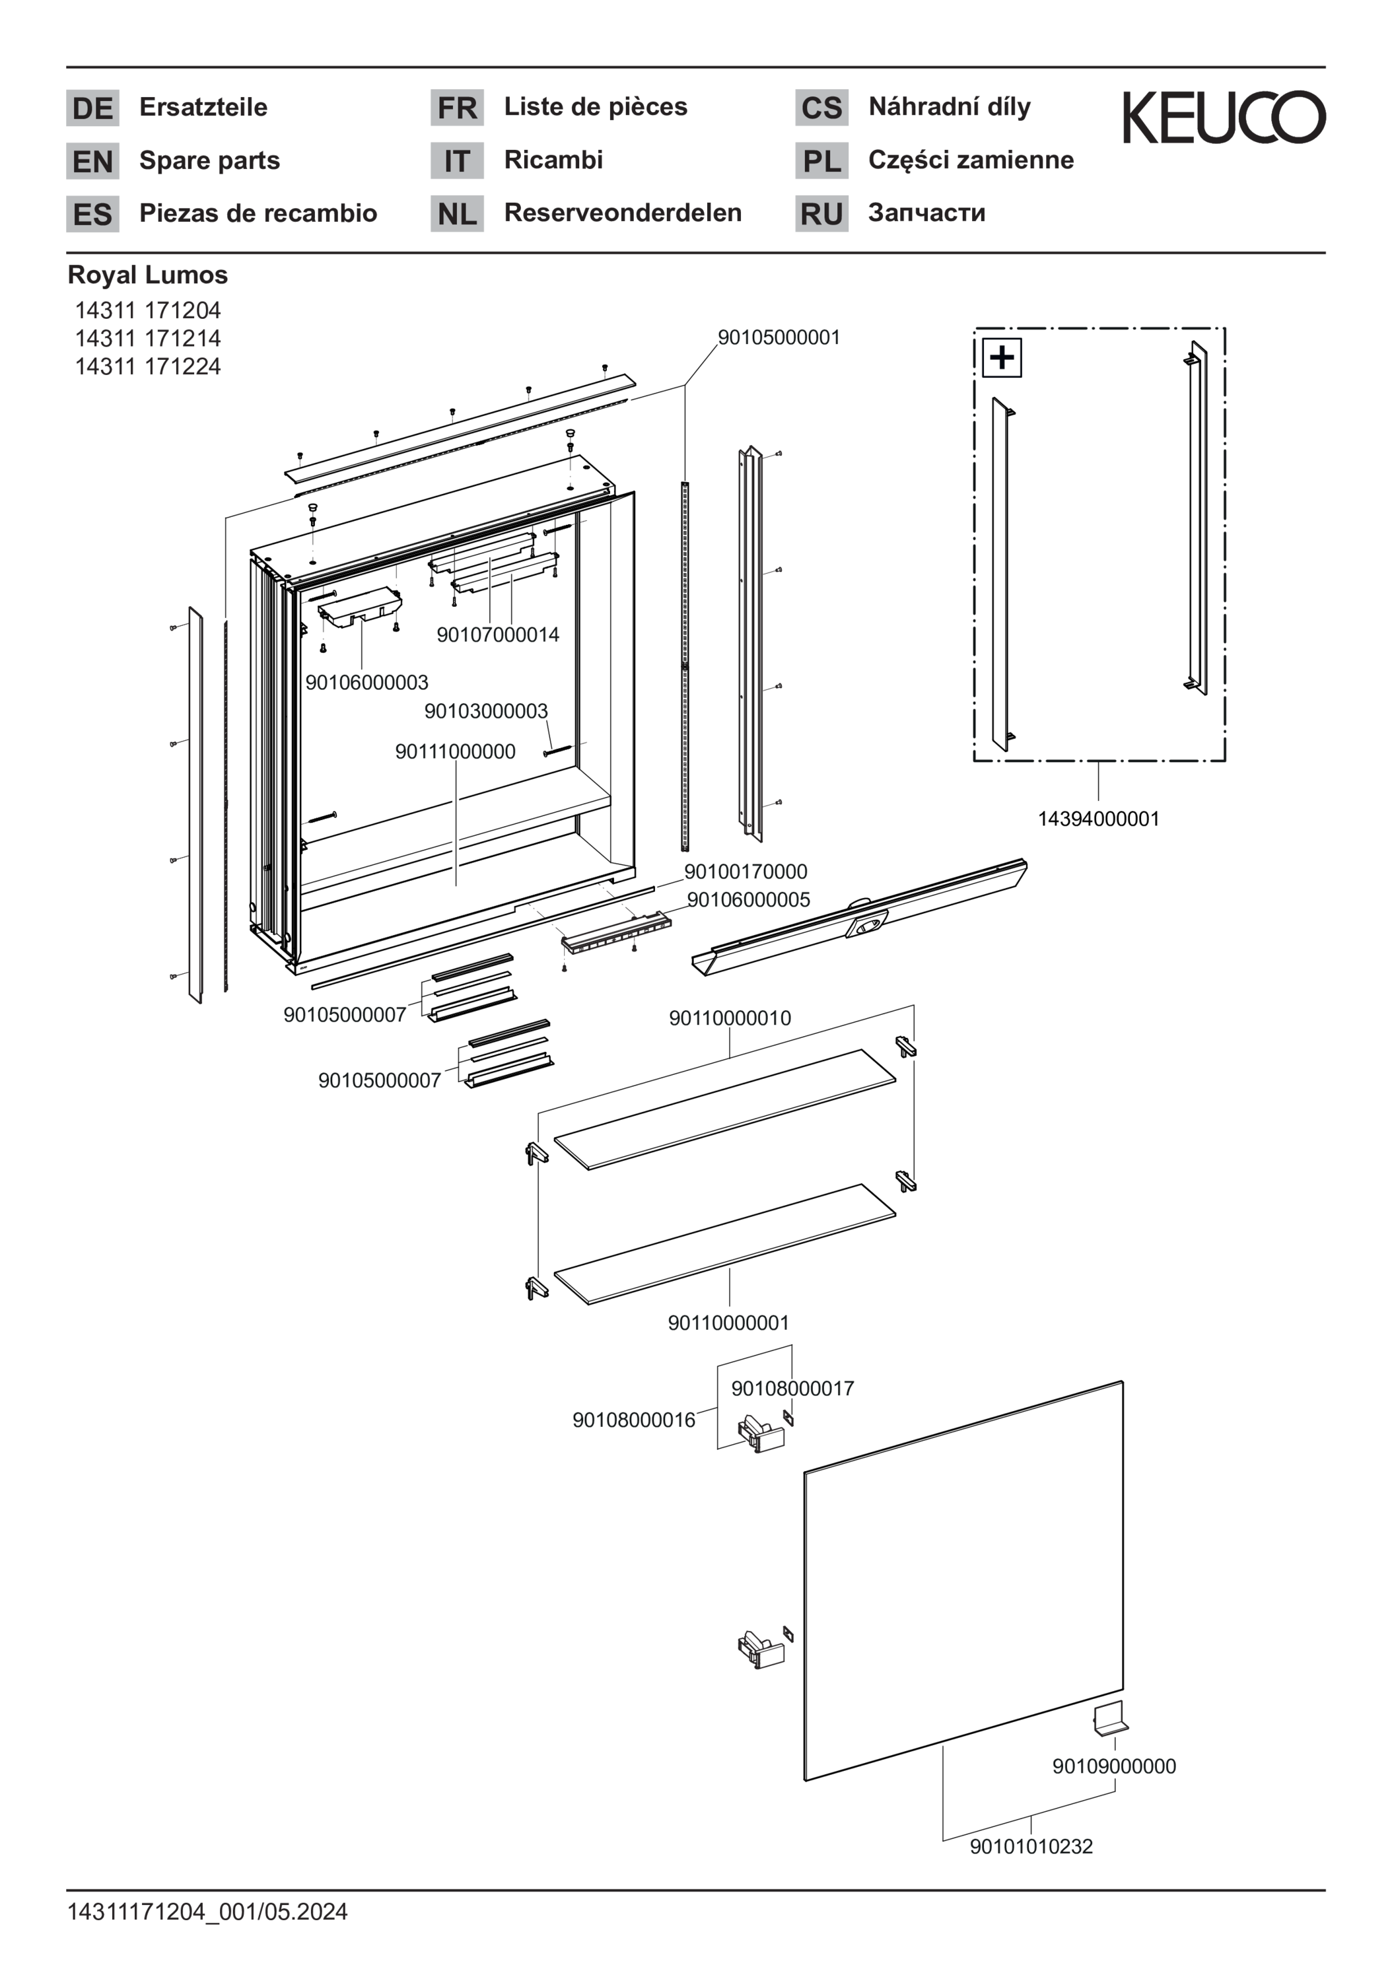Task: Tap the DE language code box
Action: (92, 108)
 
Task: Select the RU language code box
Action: (821, 213)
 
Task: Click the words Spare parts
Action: (209, 160)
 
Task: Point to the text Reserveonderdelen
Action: (623, 213)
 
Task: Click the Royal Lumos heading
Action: (147, 275)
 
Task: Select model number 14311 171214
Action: (147, 338)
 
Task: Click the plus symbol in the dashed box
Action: (1001, 357)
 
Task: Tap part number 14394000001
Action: (1098, 819)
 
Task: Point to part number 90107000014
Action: (497, 635)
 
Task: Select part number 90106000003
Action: (366, 683)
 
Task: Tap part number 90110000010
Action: (730, 1018)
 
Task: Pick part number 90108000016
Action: (634, 1420)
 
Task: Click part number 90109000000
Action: (1114, 1766)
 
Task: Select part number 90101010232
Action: (1031, 1846)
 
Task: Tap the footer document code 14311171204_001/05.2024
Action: (207, 1912)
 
